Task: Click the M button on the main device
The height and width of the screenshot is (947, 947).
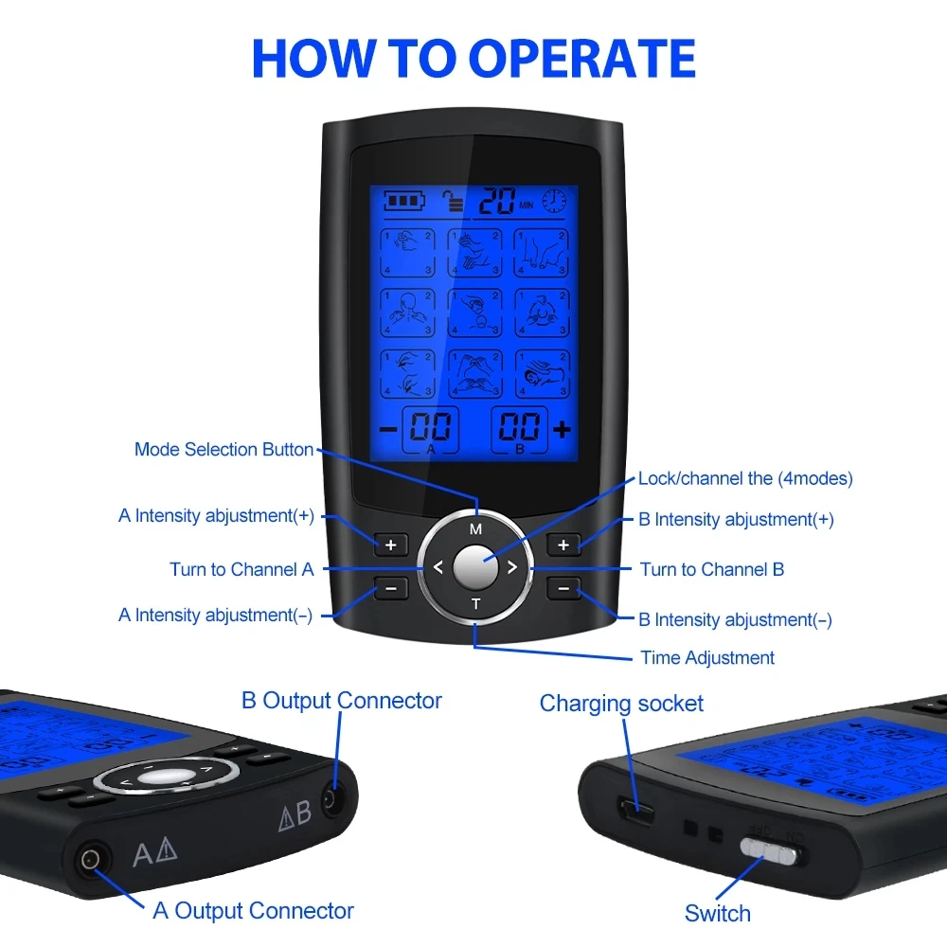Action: [475, 529]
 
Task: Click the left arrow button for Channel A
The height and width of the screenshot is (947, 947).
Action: [438, 568]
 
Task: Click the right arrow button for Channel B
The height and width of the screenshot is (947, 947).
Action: [511, 568]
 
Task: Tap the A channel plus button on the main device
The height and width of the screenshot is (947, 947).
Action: [390, 545]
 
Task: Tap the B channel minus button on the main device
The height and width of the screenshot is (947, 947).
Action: [564, 589]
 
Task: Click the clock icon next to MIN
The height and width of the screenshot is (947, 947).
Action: [554, 201]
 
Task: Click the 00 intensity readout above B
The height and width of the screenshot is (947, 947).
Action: [519, 427]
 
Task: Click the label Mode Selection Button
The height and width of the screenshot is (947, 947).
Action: [223, 450]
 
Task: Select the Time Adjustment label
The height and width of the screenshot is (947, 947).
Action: [707, 657]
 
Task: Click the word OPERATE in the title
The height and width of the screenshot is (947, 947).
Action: [582, 59]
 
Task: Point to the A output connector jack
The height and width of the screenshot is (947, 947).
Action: [91, 860]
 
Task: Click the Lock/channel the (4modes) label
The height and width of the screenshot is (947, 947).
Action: [745, 478]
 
